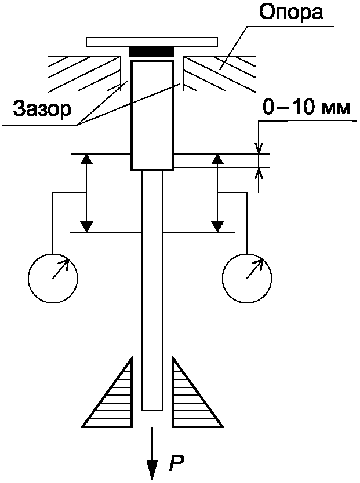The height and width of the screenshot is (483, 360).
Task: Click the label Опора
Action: (290, 13)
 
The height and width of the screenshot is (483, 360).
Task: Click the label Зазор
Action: (42, 109)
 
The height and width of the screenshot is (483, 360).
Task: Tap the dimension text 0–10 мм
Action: (307, 107)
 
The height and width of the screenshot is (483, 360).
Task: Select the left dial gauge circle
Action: (53, 278)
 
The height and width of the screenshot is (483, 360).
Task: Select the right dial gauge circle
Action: (247, 278)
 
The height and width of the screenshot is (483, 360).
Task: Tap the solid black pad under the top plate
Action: (152, 52)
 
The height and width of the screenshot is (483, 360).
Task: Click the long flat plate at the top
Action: (152, 42)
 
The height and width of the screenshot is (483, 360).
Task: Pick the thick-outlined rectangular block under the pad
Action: (152, 115)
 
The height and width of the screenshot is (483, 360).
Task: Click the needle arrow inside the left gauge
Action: (61, 269)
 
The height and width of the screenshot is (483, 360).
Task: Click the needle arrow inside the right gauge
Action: (255, 269)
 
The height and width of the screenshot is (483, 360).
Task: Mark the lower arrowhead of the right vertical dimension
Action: (218, 226)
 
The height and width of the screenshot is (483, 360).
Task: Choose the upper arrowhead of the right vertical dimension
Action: (218, 159)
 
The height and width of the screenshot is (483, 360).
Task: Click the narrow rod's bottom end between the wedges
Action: (152, 410)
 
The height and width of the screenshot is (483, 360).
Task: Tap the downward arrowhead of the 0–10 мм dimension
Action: (259, 148)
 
